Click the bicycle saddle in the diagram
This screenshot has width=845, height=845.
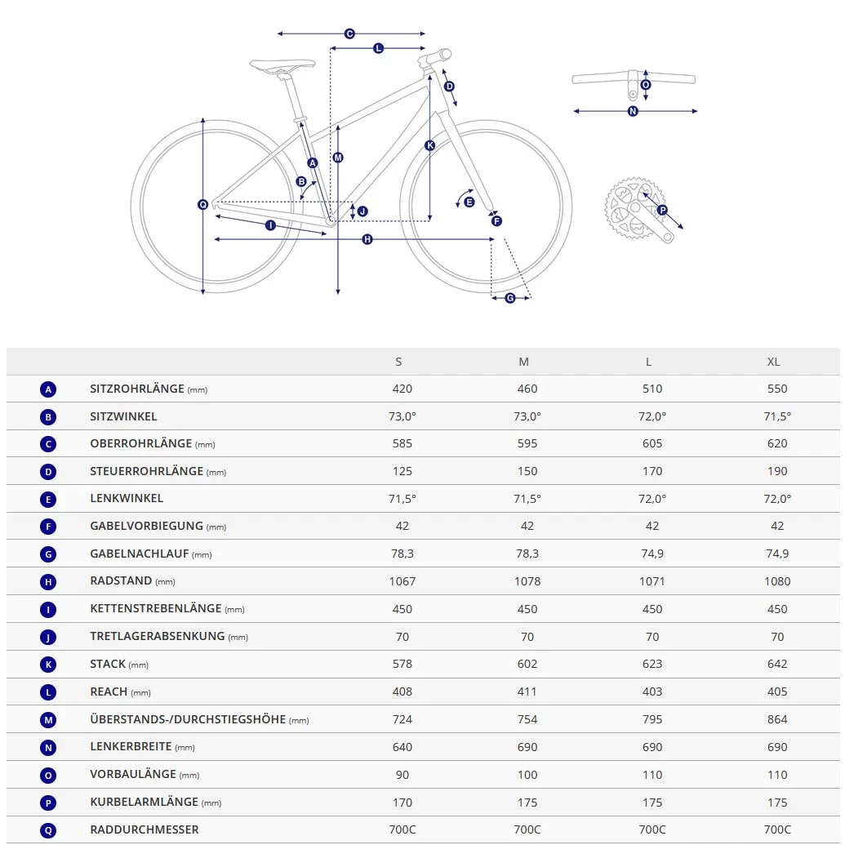pyautogui.click(x=282, y=64)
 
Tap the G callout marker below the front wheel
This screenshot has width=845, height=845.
pyautogui.click(x=510, y=298)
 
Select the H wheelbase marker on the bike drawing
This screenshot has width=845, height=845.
pyautogui.click(x=367, y=239)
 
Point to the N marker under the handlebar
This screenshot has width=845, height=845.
pyautogui.click(x=633, y=111)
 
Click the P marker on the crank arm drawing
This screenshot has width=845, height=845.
pyautogui.click(x=662, y=210)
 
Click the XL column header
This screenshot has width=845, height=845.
pyautogui.click(x=773, y=362)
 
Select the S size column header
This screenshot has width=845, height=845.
pyautogui.click(x=398, y=362)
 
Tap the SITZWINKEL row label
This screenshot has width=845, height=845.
pyautogui.click(x=123, y=416)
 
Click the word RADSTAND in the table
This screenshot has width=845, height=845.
pyautogui.click(x=121, y=580)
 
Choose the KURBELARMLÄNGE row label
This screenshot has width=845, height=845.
pyautogui.click(x=144, y=802)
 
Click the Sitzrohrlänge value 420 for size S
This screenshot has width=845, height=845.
pyautogui.click(x=402, y=389)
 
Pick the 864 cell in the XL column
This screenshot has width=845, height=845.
pyautogui.click(x=777, y=719)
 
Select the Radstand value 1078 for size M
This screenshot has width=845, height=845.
pyautogui.click(x=527, y=581)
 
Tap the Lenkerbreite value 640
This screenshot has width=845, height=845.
pyautogui.click(x=402, y=747)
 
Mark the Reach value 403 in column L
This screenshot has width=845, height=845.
pyautogui.click(x=652, y=692)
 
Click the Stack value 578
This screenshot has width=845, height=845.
pyautogui.click(x=402, y=664)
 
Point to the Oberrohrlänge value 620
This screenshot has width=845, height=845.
pyautogui.click(x=777, y=443)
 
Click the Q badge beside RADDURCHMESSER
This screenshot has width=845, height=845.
pyautogui.click(x=49, y=830)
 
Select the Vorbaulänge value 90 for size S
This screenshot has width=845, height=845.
pyautogui.click(x=402, y=775)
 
